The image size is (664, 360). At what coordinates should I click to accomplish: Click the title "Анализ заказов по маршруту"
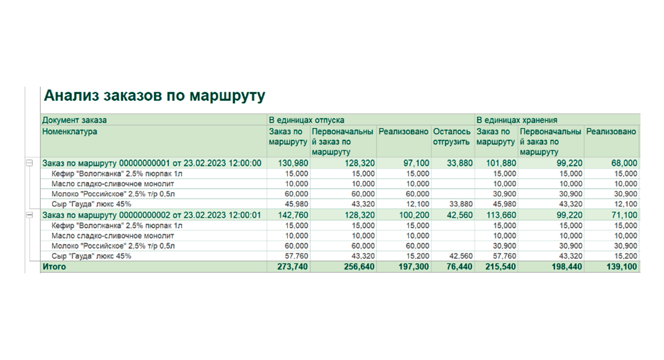point(155,96)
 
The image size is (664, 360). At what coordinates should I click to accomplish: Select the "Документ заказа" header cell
point(74,120)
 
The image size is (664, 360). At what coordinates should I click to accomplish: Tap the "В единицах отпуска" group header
point(306,120)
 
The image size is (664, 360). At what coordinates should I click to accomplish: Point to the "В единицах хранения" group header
point(517,120)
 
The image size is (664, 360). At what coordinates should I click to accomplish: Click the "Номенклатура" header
point(69,131)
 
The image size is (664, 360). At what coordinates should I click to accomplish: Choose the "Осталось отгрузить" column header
point(451,136)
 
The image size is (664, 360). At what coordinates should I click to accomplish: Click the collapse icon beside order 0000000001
point(30,163)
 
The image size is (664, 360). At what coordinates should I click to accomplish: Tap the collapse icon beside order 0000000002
point(30,215)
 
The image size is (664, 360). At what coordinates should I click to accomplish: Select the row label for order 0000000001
point(152,163)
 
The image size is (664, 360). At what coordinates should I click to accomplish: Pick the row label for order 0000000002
point(152,215)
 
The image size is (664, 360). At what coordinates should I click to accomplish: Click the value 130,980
point(293,163)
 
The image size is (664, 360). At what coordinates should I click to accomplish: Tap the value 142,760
point(293,215)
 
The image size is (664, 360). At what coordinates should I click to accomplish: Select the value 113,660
point(501,215)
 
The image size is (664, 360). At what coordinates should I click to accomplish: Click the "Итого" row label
point(54,267)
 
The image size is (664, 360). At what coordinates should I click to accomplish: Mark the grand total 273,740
point(293,267)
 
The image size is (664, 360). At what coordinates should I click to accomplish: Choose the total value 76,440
point(459,267)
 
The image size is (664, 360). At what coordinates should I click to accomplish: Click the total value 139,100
point(621,267)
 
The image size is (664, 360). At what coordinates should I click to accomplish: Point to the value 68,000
point(624,163)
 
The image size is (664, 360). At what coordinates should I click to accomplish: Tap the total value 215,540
point(501,267)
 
